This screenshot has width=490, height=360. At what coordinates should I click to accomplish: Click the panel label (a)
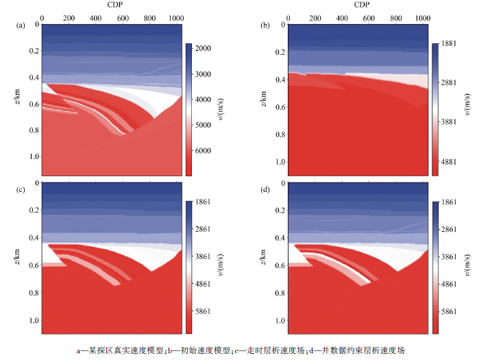click(21, 25)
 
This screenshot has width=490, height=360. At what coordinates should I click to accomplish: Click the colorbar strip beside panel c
click(189, 267)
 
